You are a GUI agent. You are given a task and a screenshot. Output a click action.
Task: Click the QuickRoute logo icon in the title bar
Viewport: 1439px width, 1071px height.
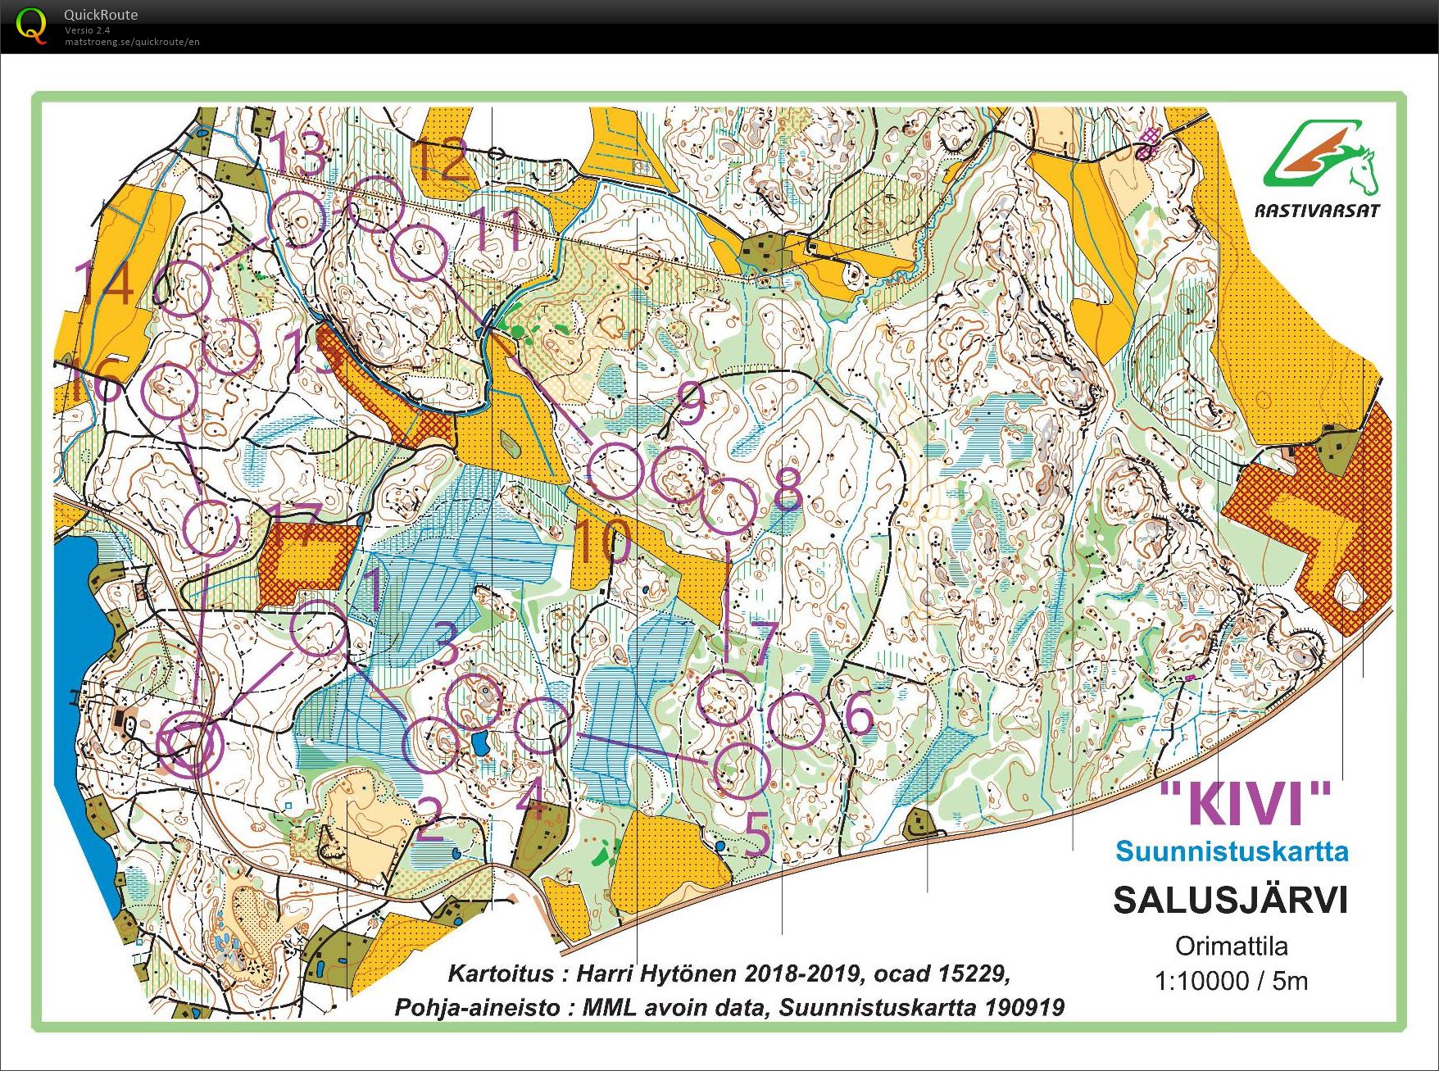click(31, 25)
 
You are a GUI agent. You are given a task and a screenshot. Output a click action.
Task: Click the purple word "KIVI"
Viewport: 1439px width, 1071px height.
click(1246, 804)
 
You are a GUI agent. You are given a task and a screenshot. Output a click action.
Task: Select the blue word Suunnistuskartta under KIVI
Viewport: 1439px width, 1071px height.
click(1232, 851)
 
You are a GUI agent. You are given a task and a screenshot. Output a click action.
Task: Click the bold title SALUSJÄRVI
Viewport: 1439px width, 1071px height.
click(1230, 901)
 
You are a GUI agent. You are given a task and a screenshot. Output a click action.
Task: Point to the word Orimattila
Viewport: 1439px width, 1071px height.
click(1231, 946)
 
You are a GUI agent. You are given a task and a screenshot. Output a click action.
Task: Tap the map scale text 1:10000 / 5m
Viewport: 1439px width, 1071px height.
click(1231, 981)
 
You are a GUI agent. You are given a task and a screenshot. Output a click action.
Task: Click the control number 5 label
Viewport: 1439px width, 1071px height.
click(758, 837)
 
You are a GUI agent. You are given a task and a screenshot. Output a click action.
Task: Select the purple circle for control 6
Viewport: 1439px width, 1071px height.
click(796, 720)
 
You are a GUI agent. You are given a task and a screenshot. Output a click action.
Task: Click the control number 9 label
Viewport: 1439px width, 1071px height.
click(690, 402)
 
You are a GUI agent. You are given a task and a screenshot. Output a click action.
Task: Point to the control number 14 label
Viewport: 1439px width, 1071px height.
click(104, 282)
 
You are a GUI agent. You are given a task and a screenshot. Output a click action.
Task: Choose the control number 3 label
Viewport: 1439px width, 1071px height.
click(445, 644)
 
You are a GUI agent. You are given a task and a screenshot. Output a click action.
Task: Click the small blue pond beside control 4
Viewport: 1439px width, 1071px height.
click(479, 744)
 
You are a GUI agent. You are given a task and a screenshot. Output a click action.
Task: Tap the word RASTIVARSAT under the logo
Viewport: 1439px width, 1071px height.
click(1317, 211)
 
